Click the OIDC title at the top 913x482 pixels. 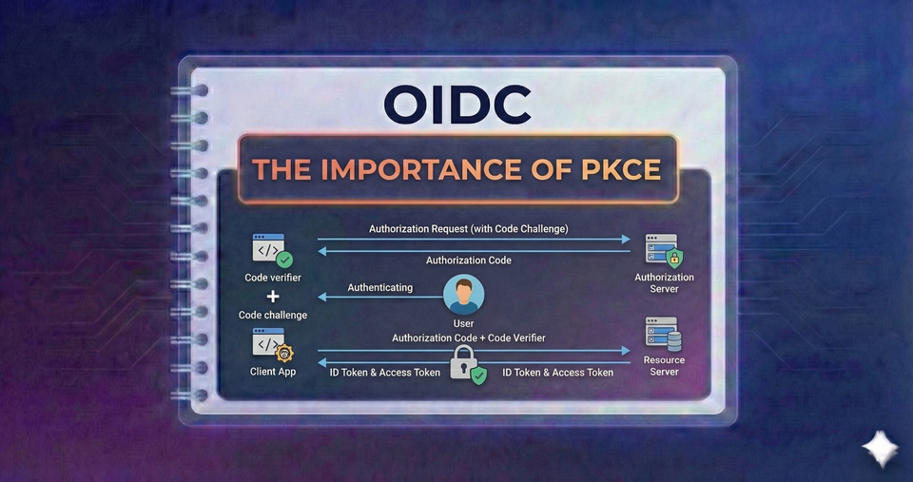coord(457,105)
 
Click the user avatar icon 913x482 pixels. coord(464,295)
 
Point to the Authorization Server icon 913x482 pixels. coord(664,250)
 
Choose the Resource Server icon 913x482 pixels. coord(664,335)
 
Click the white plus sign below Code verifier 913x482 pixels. coord(273,297)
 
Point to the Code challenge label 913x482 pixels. coord(273,315)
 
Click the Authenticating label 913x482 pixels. coord(380,287)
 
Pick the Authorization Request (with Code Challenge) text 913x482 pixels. coord(469,229)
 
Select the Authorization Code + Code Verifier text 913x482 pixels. coord(469,337)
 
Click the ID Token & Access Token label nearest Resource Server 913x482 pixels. coord(557,373)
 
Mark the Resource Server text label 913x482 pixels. coord(664,366)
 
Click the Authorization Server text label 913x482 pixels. coord(664,283)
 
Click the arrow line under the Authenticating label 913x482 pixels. coord(380,297)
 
